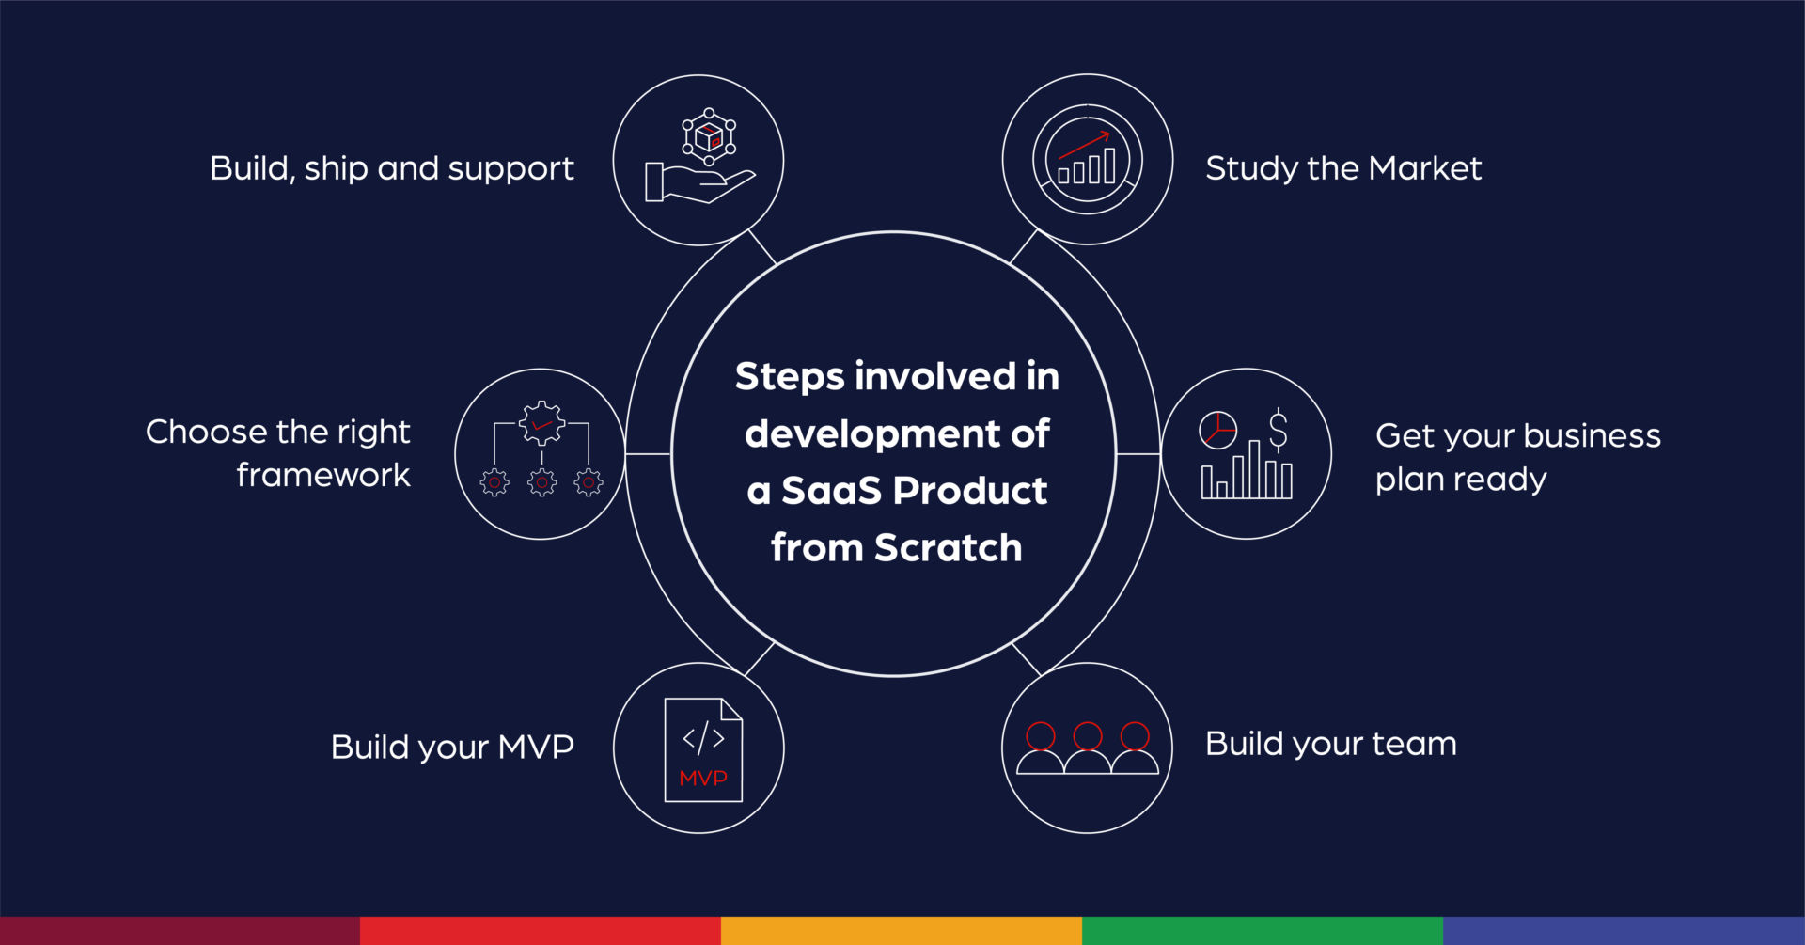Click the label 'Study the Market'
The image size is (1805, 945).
pyautogui.click(x=1343, y=168)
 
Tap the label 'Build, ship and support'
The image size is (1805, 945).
pyautogui.click(x=392, y=169)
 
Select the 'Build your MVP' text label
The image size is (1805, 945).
pyautogui.click(x=452, y=748)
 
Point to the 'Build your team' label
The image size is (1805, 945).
pyautogui.click(x=1331, y=744)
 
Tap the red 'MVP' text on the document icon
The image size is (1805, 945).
pyautogui.click(x=703, y=779)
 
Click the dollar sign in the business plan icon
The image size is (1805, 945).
pyautogui.click(x=1279, y=431)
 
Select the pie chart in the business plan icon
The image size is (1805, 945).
pyautogui.click(x=1218, y=431)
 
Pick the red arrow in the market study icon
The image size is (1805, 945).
pyautogui.click(x=1084, y=145)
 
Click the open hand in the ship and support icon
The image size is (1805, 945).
pyautogui.click(x=700, y=183)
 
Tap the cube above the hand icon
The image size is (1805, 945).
pyautogui.click(x=709, y=137)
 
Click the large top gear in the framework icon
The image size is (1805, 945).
pyautogui.click(x=542, y=423)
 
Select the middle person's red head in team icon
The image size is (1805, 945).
pyautogui.click(x=1088, y=736)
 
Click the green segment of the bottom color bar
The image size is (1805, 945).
pyautogui.click(x=1263, y=931)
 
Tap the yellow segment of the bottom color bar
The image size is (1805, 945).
pyautogui.click(x=902, y=931)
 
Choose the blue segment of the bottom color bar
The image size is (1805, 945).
pyautogui.click(x=1624, y=931)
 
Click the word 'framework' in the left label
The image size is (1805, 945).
pyautogui.click(x=323, y=476)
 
